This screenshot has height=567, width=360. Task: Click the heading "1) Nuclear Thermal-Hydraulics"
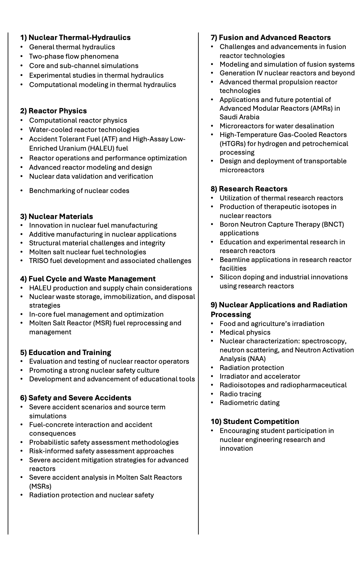75,37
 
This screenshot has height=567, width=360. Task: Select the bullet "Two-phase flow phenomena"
74,56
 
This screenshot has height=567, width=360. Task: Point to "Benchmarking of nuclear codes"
79,191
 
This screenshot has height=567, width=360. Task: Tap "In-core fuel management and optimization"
96,314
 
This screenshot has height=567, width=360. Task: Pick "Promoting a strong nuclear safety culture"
94,370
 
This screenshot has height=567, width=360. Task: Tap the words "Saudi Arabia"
239,117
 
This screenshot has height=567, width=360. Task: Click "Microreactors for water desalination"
277,126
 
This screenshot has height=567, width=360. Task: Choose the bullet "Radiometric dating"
249,403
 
